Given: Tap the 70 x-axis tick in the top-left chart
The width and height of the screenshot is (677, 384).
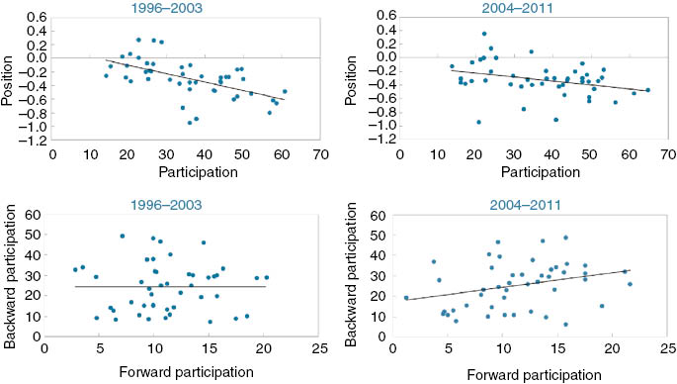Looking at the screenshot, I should pos(320,155).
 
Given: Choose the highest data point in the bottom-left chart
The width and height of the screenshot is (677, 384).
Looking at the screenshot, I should pos(122,236).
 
